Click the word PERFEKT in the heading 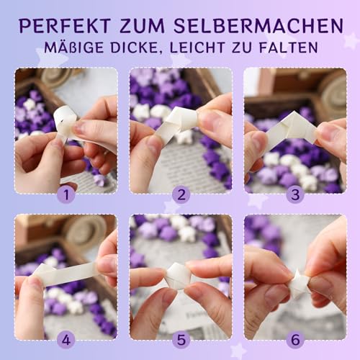pos(63,26)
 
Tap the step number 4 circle pos(66,338)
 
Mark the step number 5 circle pos(180,338)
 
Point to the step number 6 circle pos(294,338)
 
